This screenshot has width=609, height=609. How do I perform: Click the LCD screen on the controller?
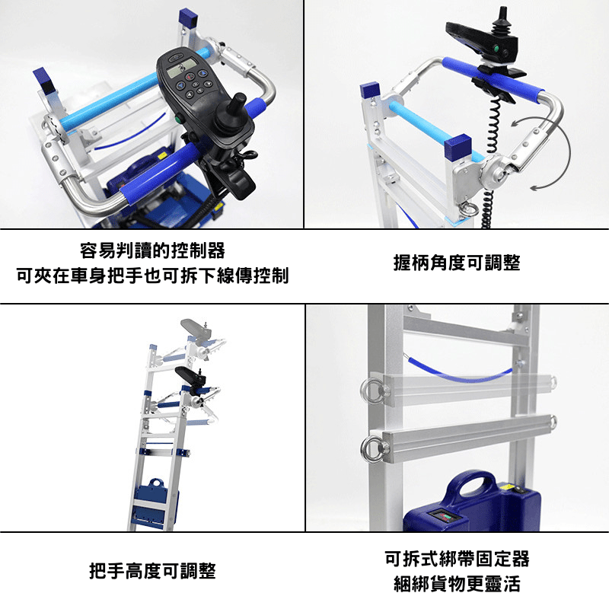pyautogui.click(x=182, y=69)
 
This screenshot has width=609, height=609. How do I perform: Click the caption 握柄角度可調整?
pyautogui.click(x=457, y=263)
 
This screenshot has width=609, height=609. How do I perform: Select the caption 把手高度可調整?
pyautogui.click(x=152, y=570)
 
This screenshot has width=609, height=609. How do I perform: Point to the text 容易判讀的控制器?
pyautogui.click(x=152, y=250)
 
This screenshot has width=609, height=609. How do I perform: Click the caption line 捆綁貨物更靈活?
pyautogui.click(x=457, y=583)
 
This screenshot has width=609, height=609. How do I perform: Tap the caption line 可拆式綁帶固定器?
pyautogui.click(x=457, y=559)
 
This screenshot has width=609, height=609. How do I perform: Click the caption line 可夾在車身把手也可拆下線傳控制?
pyautogui.click(x=152, y=276)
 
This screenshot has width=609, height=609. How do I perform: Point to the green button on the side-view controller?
pyautogui.click(x=497, y=49)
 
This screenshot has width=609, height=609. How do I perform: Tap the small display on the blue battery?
pyautogui.click(x=442, y=518)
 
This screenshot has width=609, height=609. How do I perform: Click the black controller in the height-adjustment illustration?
pyautogui.click(x=191, y=375)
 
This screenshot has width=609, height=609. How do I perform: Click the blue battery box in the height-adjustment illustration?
pyautogui.click(x=156, y=501)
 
